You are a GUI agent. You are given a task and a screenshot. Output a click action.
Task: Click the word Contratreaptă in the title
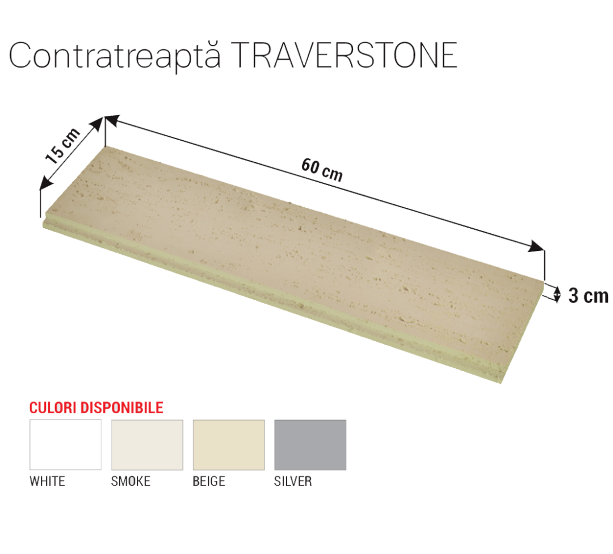[115, 56]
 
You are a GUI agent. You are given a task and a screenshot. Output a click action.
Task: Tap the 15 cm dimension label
[62, 145]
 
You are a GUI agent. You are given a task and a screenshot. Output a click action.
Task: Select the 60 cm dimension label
[322, 170]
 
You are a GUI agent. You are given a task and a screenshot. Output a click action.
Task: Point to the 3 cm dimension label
[589, 296]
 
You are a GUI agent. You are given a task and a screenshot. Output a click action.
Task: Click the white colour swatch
[65, 444]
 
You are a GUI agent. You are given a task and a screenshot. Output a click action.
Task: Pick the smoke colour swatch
[147, 444]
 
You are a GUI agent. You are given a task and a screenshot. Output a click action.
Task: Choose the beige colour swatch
[229, 444]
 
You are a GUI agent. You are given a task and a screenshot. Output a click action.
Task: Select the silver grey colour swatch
[310, 444]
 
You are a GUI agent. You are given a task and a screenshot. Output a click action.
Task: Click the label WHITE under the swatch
[47, 481]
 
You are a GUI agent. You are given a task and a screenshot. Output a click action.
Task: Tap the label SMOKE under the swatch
[131, 481]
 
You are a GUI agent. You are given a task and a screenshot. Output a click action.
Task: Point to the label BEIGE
[209, 481]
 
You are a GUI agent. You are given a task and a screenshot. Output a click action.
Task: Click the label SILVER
[293, 481]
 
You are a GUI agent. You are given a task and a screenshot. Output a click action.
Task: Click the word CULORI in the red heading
[53, 408]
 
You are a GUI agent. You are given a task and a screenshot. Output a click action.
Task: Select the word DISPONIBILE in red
[121, 408]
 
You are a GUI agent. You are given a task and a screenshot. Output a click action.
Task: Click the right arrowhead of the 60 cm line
[536, 246]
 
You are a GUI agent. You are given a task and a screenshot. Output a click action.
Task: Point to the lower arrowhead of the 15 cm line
[46, 183]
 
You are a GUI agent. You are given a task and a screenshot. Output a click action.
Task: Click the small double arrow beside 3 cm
[557, 293]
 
